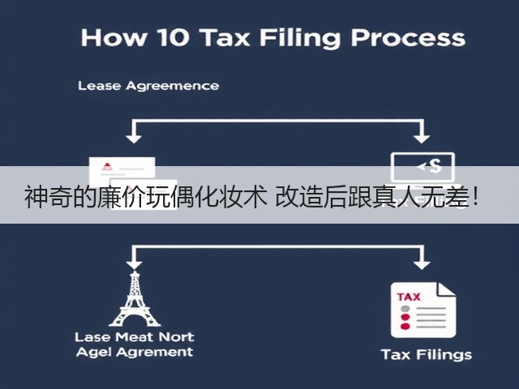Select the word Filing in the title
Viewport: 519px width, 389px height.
click(x=300, y=39)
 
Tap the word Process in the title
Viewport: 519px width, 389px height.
click(x=409, y=37)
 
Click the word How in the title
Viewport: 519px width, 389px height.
click(x=114, y=37)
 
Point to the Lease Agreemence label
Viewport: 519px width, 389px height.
click(x=148, y=86)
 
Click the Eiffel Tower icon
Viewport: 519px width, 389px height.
click(x=135, y=299)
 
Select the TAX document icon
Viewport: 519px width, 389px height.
click(x=423, y=310)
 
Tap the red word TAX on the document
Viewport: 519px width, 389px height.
click(x=409, y=297)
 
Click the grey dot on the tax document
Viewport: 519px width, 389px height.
click(x=405, y=309)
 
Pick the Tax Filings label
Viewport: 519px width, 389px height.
click(x=427, y=355)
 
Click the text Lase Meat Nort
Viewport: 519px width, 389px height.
click(x=135, y=337)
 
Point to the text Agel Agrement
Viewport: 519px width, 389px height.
click(x=135, y=352)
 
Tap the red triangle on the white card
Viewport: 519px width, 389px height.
click(x=107, y=166)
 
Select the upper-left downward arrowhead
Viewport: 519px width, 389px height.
click(x=134, y=139)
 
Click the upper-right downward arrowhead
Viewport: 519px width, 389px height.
click(x=422, y=139)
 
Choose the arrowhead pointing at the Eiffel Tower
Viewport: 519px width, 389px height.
click(x=134, y=265)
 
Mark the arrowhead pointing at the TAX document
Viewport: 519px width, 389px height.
click(x=422, y=265)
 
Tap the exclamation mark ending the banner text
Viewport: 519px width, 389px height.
click(x=476, y=198)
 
